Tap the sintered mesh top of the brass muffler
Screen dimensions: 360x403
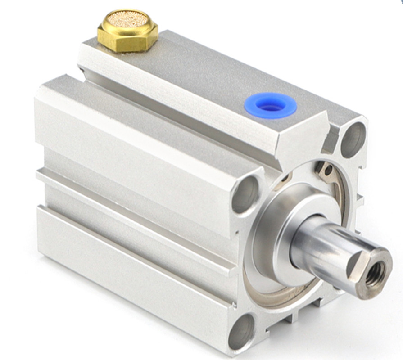[x=128, y=20]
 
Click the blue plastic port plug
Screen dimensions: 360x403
[x=271, y=105]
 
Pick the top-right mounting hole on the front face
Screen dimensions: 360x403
[x=353, y=140]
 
